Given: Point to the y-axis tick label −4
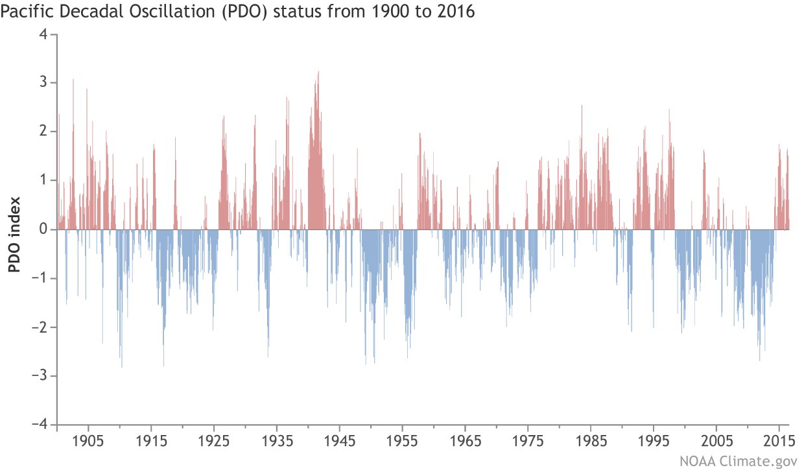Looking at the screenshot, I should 40,424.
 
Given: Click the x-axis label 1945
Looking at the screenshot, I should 340,441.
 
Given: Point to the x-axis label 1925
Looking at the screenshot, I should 214,441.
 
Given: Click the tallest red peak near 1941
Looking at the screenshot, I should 318,73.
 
